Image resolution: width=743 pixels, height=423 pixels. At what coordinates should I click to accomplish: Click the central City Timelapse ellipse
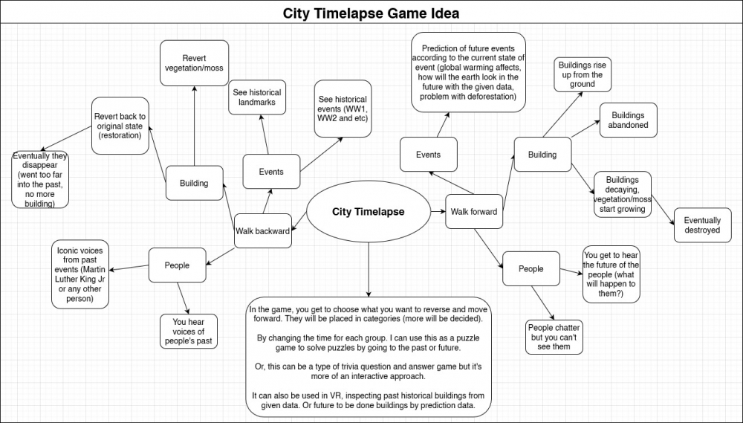(x=369, y=211)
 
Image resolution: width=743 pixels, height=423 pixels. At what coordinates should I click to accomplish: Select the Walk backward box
(x=262, y=231)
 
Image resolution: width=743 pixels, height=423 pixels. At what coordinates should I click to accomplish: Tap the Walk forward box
(x=474, y=211)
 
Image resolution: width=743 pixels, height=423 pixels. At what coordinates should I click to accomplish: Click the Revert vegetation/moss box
(x=194, y=63)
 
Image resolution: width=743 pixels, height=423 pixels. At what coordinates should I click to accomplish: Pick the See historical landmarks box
(x=257, y=97)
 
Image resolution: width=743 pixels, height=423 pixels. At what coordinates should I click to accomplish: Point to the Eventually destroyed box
(x=702, y=225)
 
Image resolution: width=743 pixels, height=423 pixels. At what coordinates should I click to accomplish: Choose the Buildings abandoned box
(x=629, y=120)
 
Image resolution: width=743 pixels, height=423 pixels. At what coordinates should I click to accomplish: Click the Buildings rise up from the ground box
(x=583, y=74)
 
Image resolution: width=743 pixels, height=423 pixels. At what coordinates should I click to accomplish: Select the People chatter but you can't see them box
(x=554, y=337)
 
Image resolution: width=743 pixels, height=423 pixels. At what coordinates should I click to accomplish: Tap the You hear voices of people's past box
(x=189, y=331)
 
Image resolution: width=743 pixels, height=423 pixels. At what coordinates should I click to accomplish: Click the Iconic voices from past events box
(x=80, y=274)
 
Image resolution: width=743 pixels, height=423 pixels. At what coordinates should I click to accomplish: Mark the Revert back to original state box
(x=120, y=126)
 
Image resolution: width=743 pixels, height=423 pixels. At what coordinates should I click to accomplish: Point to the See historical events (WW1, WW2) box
(x=343, y=109)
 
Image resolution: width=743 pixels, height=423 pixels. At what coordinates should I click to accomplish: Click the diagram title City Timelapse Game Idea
(x=371, y=13)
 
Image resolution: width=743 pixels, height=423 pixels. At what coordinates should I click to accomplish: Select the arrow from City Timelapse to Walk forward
(x=438, y=211)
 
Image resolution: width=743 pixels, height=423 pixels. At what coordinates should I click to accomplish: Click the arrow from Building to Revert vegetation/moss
(x=194, y=126)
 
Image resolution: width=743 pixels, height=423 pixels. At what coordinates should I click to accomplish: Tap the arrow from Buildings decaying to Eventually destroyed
(x=663, y=209)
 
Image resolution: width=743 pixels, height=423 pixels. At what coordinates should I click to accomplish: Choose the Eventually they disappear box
(x=40, y=180)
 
